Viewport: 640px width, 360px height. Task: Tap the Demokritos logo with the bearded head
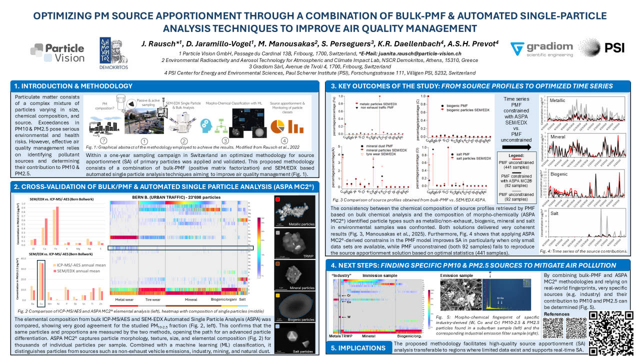114,52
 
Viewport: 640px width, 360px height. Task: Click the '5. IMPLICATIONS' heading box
358,348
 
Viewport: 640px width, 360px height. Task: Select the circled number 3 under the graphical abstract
225,141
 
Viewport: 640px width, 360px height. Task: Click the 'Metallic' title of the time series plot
558,100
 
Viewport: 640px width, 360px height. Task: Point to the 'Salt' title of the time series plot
554,213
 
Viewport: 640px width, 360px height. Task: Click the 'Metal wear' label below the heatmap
127,299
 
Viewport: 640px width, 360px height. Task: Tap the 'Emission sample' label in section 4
456,275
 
